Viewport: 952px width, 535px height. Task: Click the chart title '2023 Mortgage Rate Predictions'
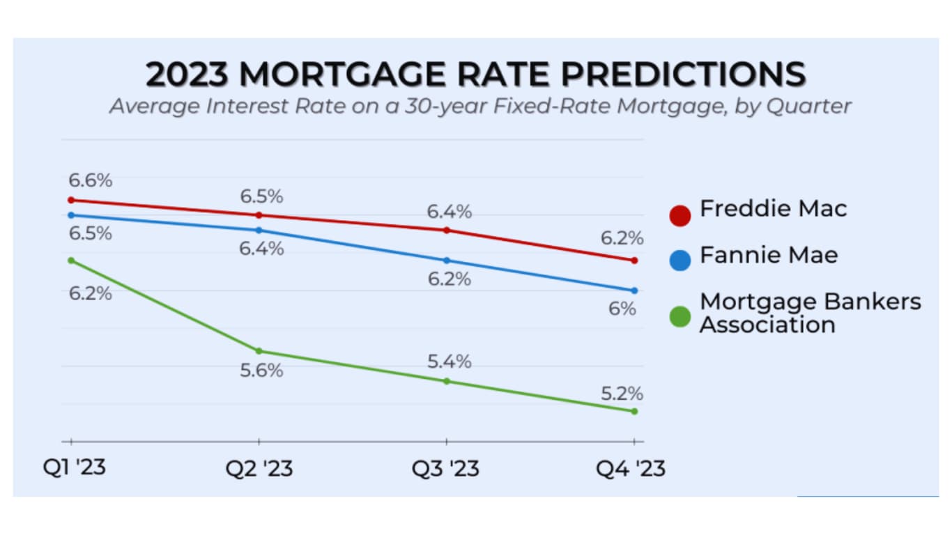click(476, 75)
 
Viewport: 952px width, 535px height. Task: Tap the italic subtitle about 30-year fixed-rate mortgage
click(480, 107)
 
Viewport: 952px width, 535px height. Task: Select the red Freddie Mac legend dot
click(680, 215)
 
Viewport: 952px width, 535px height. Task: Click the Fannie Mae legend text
click(769, 255)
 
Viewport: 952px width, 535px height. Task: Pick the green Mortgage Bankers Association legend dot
click(680, 317)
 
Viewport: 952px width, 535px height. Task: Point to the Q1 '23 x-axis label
click(75, 467)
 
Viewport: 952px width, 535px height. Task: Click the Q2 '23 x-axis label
click(259, 467)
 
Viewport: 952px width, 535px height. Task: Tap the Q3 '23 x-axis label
click(445, 467)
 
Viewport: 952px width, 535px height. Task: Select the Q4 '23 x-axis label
click(630, 467)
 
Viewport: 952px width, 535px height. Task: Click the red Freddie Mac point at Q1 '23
click(70, 200)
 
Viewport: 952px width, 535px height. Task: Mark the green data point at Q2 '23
click(259, 350)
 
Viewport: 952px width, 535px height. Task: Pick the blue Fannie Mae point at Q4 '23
click(634, 290)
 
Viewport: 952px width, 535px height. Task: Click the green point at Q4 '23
click(634, 411)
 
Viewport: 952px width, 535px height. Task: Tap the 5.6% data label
click(261, 371)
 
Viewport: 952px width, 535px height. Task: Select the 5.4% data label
click(450, 362)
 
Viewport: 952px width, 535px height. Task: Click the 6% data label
click(622, 309)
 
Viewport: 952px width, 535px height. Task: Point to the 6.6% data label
click(90, 180)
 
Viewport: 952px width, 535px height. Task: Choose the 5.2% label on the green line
click(622, 394)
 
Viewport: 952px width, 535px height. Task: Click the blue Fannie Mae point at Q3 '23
click(447, 261)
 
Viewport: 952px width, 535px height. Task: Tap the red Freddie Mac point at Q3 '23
click(447, 230)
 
